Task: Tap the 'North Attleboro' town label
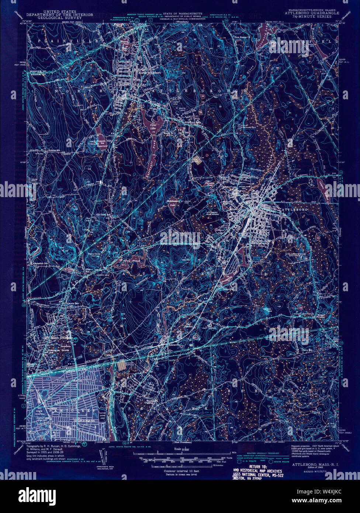click(x=150, y=73)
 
